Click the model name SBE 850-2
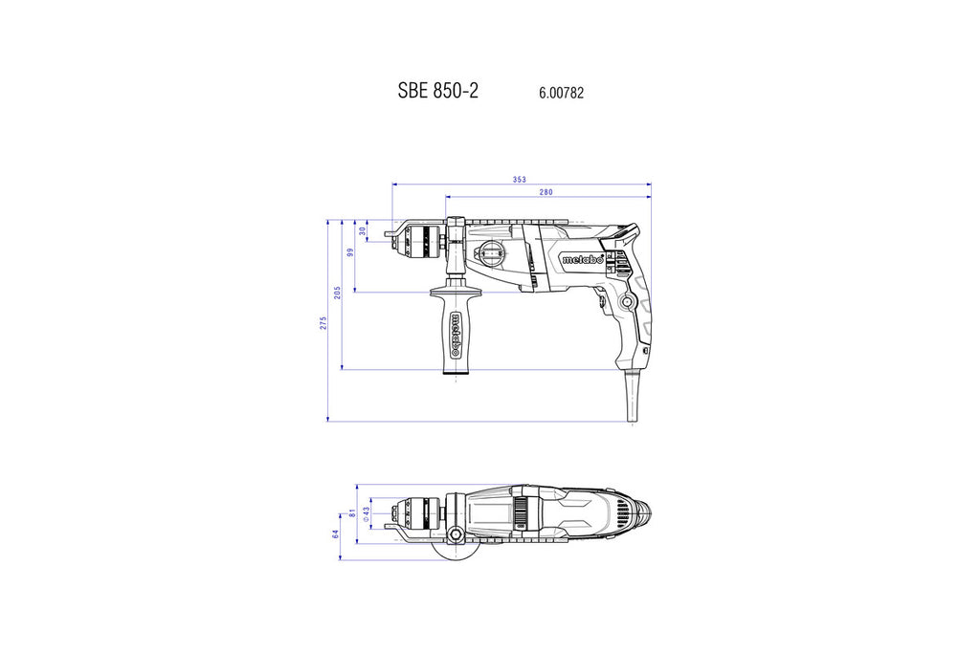pos(437,92)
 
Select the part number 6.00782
pos(561,93)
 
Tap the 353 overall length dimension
pos(520,180)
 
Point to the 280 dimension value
pos(546,193)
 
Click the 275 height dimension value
pos(324,322)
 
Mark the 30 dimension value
pos(363,230)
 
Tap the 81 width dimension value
pos(352,513)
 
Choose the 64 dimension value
pos(337,533)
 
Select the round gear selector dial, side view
pos(490,255)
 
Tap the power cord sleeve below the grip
pos(631,396)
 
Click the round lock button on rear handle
pos(628,302)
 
